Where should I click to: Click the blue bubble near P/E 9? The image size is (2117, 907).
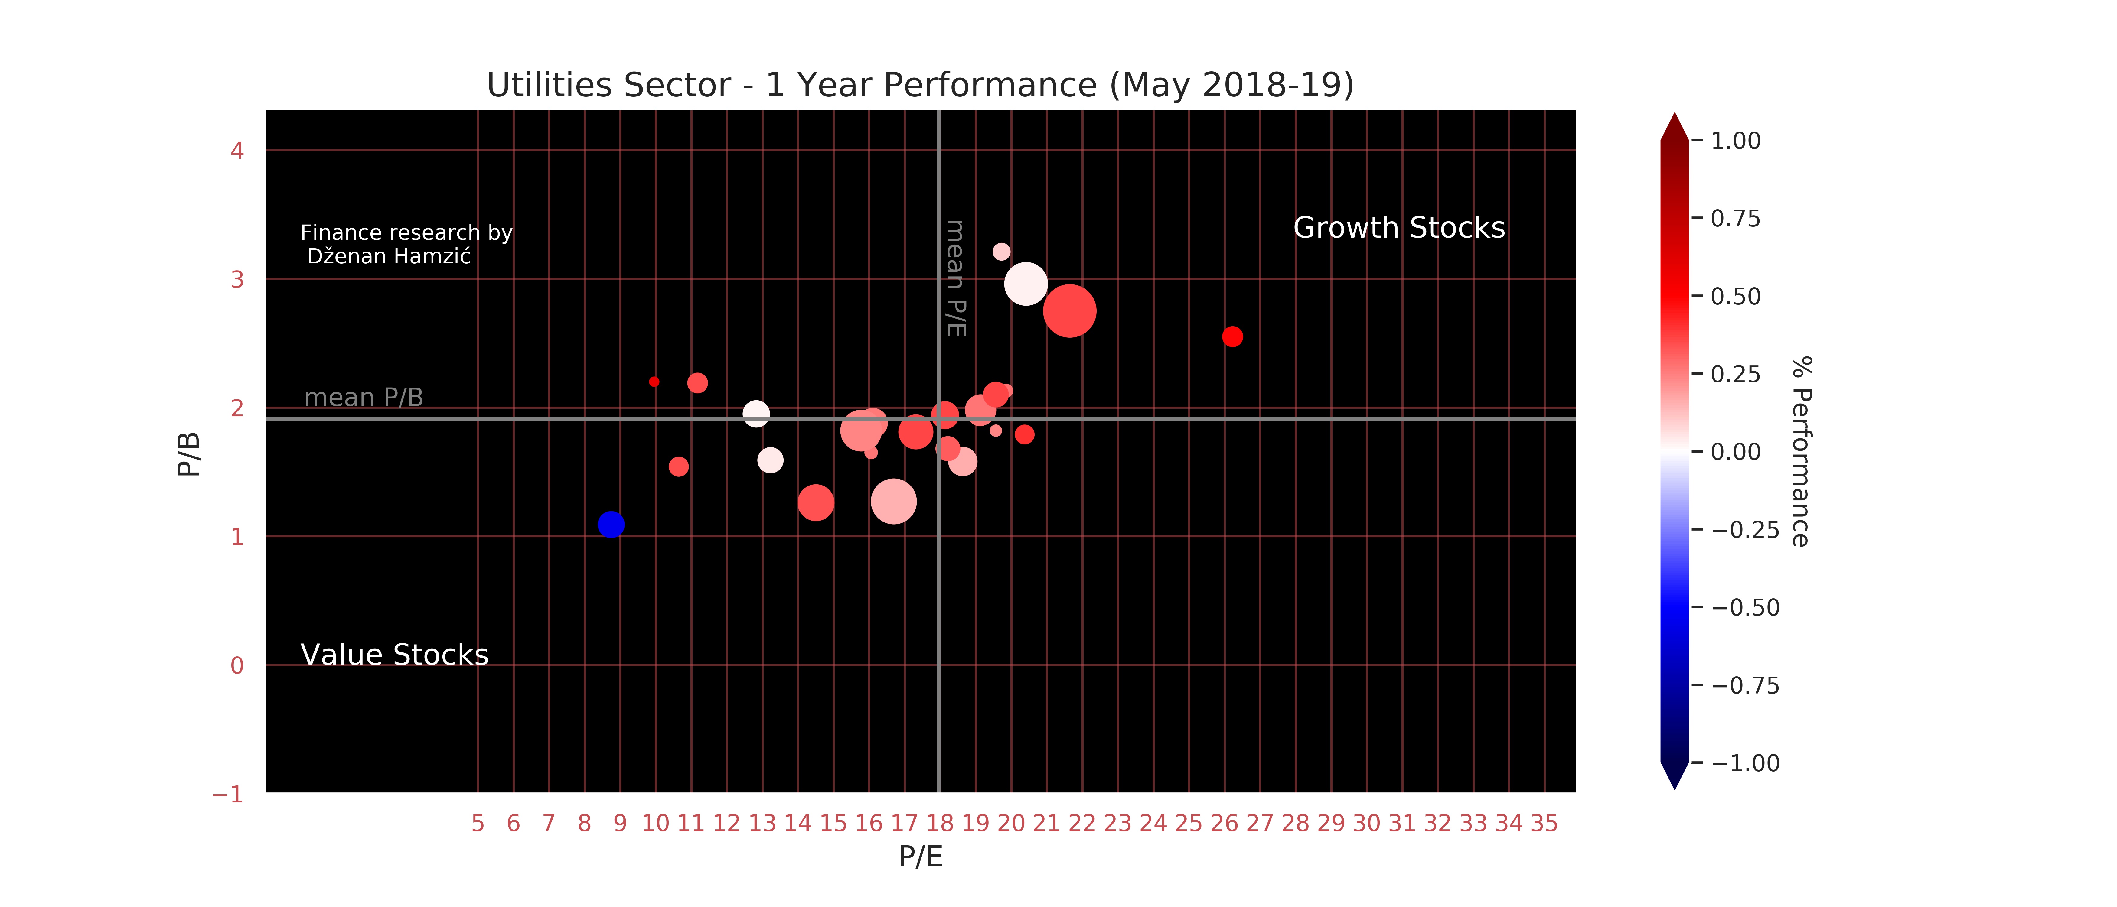pos(611,524)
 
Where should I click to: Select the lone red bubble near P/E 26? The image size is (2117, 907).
pos(1232,337)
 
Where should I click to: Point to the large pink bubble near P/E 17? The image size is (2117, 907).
pos(893,501)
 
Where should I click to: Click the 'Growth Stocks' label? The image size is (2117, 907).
pos(1399,228)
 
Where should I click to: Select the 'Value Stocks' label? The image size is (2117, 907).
pos(394,655)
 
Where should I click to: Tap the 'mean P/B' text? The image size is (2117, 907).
pos(363,398)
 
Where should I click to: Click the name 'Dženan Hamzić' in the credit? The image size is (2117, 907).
pos(389,256)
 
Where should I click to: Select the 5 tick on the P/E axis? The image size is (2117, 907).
pos(478,823)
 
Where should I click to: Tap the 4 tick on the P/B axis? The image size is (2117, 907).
pos(237,150)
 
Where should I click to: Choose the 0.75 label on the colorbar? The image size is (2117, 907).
pos(1735,219)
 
